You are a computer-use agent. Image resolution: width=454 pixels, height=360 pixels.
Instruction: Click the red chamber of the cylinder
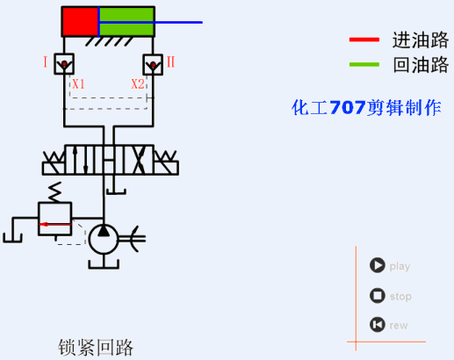coord(80,21)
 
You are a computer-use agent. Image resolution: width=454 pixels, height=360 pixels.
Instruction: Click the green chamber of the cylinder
coord(126,21)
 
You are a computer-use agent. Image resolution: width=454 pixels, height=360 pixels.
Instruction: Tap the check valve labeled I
coord(63,63)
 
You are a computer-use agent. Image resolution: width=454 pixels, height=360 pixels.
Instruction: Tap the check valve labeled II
coord(152,63)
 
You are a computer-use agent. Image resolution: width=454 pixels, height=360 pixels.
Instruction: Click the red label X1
coord(78,84)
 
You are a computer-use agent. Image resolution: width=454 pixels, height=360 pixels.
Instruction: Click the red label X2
coord(137,84)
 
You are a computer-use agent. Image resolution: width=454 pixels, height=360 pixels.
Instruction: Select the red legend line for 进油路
coord(364,40)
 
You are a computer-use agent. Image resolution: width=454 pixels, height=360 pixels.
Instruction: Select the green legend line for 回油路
coord(364,64)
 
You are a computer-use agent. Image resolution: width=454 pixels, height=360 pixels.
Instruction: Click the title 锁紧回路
coord(97,347)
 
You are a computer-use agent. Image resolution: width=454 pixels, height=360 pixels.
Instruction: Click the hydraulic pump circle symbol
coord(104,234)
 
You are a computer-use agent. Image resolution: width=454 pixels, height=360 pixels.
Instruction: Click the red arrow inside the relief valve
coord(54,225)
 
